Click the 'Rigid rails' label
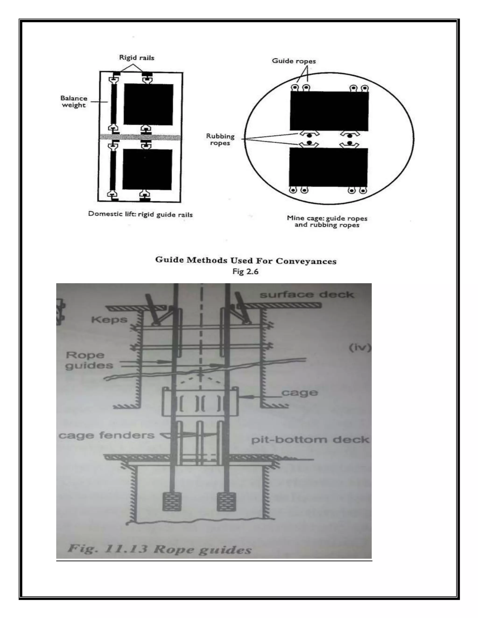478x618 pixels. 137,58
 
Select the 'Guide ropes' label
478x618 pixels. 294,61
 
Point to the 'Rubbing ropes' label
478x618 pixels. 220,139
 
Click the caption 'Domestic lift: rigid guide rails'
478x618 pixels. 140,214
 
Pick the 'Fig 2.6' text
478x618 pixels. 245,272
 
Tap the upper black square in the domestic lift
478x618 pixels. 148,104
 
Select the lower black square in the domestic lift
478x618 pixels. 147,169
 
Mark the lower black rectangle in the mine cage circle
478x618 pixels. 328,167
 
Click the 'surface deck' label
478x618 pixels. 307,295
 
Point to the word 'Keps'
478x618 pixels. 109,320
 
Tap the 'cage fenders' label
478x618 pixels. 106,435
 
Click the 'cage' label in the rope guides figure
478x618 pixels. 300,392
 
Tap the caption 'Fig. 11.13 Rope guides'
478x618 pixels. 160,549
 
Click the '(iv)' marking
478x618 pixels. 360,347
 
